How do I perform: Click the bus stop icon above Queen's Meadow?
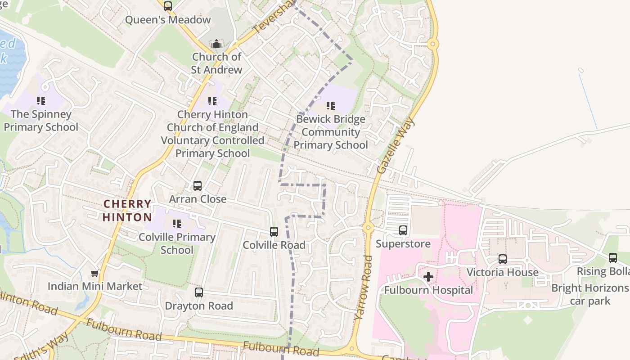coord(168,6)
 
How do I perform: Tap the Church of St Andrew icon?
coord(216,44)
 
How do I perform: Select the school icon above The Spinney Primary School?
coord(41,101)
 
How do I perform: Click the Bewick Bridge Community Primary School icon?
coord(331,106)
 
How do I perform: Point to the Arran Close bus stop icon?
coord(198,186)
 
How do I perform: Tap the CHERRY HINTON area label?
coord(127,211)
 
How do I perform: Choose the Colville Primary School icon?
coord(177,224)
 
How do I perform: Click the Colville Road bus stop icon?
coord(274,232)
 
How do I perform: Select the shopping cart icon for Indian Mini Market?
coord(95,273)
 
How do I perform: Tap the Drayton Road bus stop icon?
coord(199,292)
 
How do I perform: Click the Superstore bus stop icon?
coord(403,230)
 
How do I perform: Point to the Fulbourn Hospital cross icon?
coord(428,276)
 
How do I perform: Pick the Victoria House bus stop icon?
coord(503,259)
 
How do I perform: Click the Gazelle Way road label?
coord(396,146)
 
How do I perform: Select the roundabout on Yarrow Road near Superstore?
coord(368,228)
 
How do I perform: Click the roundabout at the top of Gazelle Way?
coord(433,44)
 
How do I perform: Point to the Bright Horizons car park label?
coord(590,294)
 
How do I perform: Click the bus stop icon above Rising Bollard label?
coord(613,258)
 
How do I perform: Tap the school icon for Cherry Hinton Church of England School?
coord(212,101)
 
